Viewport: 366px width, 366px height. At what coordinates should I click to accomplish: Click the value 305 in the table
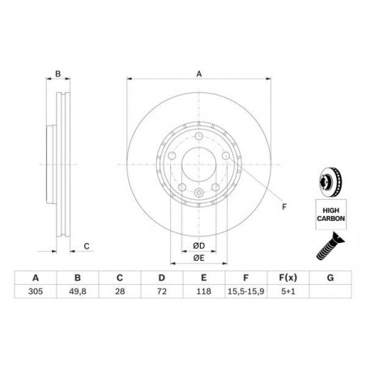[36, 292]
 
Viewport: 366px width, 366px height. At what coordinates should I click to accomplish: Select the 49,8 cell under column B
[78, 292]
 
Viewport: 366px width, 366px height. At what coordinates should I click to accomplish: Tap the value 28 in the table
[120, 292]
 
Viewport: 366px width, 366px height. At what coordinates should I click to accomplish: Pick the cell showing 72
[162, 292]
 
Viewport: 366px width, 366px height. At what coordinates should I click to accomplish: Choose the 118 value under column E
[204, 292]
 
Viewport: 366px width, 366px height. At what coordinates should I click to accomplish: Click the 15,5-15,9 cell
[246, 292]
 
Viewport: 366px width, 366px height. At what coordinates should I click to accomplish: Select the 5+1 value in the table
[288, 292]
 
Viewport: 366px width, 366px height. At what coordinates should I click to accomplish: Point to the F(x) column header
[288, 278]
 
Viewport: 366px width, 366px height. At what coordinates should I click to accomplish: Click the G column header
[330, 278]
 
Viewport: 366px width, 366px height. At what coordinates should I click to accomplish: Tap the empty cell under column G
[330, 292]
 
